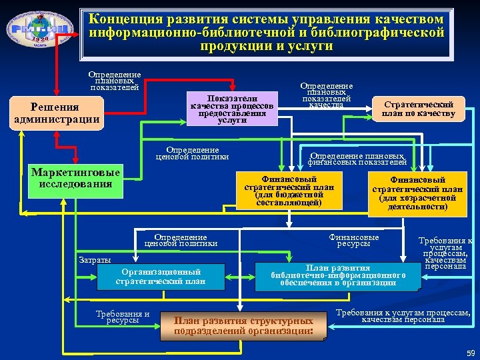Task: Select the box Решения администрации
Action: coord(56,114)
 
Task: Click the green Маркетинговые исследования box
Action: coord(75,179)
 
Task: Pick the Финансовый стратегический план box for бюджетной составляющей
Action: coord(289,191)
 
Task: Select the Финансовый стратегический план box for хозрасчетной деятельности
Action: coord(417,193)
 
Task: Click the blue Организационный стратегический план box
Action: coord(161,277)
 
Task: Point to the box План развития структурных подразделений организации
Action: coord(243,325)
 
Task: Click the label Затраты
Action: coord(95,259)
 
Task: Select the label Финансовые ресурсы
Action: coord(353,240)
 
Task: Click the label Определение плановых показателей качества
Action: coord(327,95)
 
